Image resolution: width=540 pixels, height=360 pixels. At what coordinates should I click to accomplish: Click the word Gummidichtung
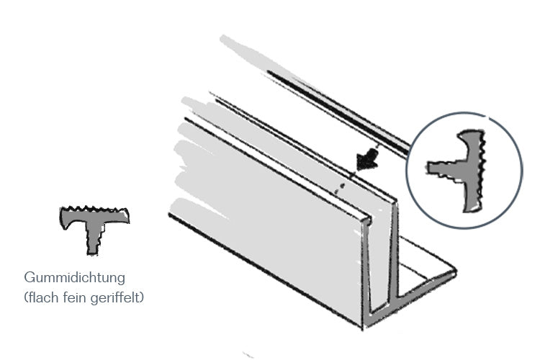coord(75,277)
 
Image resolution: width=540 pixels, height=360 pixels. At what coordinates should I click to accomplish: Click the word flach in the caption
coord(40,296)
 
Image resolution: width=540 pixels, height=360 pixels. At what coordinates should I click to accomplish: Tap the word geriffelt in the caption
coord(114,296)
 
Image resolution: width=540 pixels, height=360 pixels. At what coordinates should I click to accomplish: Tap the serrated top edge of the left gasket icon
coord(94,211)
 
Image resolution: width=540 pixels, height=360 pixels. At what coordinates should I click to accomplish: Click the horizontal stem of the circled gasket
coord(444,170)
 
